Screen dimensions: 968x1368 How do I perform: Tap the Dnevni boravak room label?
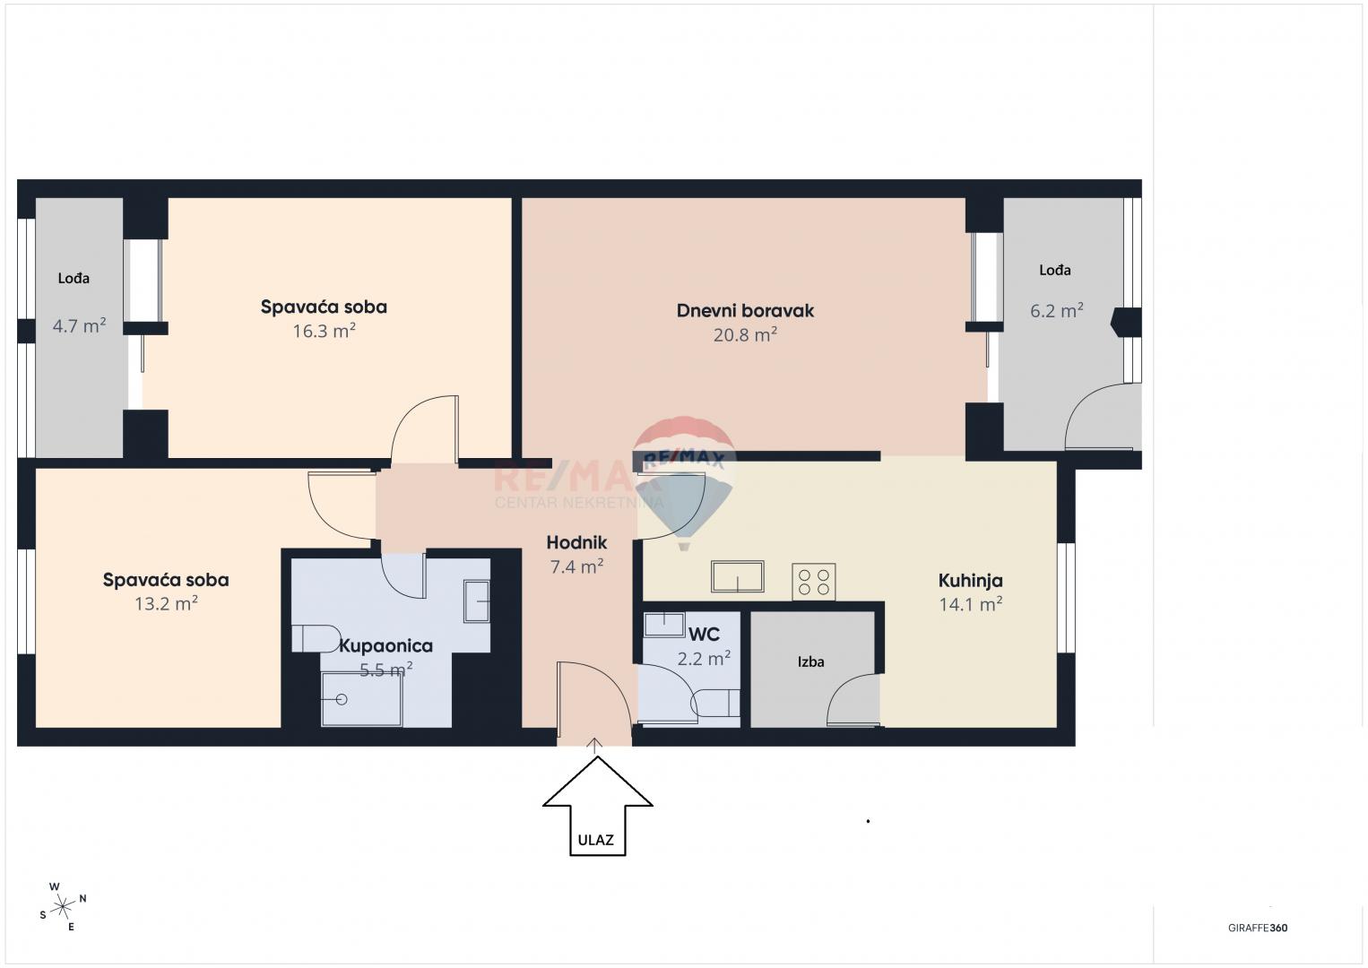(745, 311)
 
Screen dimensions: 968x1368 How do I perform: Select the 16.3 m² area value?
(324, 331)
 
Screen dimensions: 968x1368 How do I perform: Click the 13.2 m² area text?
(166, 603)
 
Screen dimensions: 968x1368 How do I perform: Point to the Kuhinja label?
(970, 580)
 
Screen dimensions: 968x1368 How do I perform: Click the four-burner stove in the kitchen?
(813, 582)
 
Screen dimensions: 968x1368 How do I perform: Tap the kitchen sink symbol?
(737, 576)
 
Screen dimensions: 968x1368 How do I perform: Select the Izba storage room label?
(810, 662)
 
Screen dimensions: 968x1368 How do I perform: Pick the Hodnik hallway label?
(576, 542)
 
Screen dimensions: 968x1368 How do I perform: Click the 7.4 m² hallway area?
(576, 566)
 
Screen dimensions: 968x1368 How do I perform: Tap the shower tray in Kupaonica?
(361, 699)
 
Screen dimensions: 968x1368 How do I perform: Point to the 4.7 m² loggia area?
(79, 325)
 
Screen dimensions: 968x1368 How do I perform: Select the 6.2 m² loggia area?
(1056, 311)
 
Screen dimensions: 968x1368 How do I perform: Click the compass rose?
(63, 907)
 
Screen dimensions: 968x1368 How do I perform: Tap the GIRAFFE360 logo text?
(1257, 929)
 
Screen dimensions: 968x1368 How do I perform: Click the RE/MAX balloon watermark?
(684, 475)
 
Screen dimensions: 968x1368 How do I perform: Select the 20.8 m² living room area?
(745, 335)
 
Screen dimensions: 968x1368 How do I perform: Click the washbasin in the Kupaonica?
(476, 601)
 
